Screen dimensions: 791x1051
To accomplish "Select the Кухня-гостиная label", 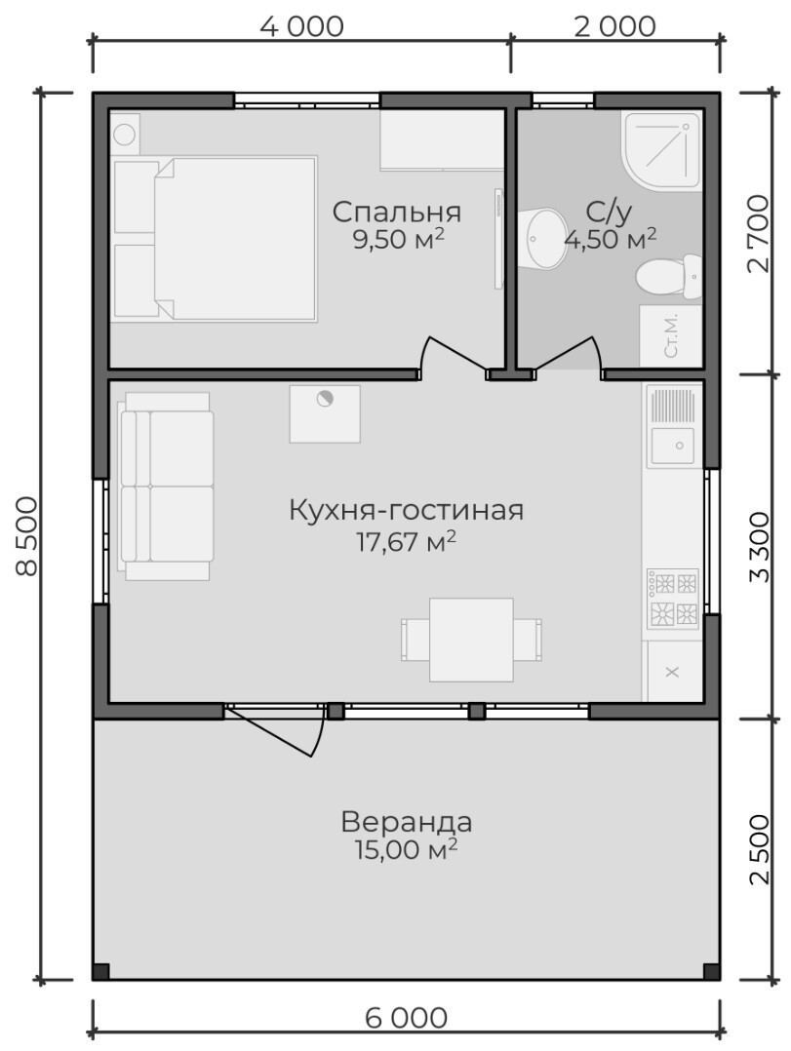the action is click(406, 510).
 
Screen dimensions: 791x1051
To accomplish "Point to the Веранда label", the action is click(406, 821).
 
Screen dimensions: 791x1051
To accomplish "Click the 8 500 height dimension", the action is click(27, 535).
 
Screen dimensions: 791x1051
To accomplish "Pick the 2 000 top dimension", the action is click(614, 27).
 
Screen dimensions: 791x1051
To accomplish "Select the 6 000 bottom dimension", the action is click(406, 1018).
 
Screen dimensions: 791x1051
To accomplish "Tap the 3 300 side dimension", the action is click(759, 548).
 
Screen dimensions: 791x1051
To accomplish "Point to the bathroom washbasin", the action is click(542, 239).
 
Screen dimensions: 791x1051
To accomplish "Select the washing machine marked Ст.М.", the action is click(671, 336).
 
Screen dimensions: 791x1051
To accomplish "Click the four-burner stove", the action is click(672, 598).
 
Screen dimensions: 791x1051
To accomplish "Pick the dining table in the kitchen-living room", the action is click(471, 641).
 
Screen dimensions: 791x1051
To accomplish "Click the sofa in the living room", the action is click(166, 486).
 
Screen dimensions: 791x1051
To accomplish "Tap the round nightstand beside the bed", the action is click(126, 135).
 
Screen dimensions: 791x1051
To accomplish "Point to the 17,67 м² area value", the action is click(406, 540).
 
